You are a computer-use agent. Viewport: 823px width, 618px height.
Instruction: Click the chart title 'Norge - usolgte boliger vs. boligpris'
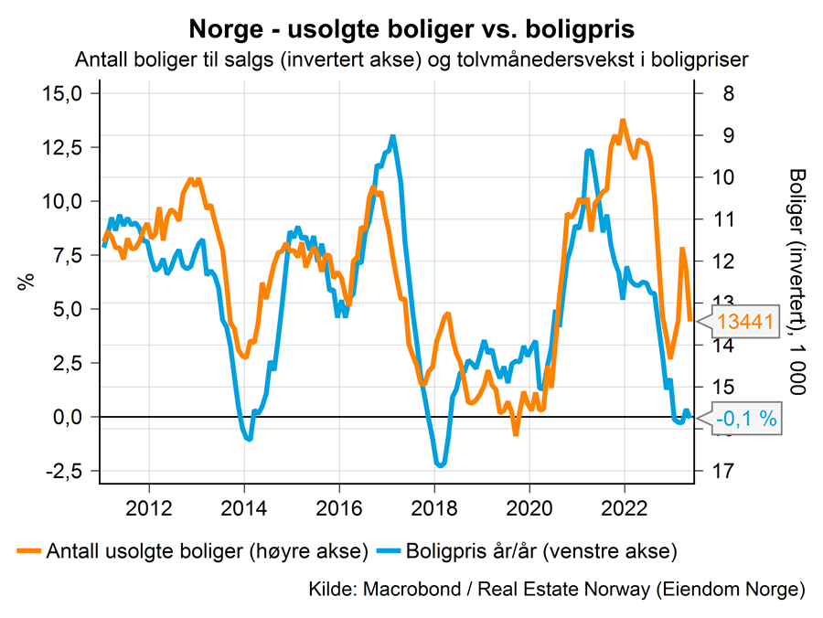point(411,28)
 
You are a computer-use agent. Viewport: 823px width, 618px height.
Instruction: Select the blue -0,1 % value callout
point(745,419)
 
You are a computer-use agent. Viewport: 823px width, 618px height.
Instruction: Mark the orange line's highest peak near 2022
point(623,121)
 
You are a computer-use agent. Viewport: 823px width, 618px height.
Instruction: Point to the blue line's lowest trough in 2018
point(441,465)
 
